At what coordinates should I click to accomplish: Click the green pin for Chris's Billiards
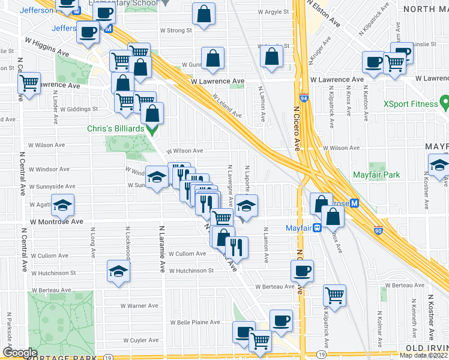[x=152, y=129]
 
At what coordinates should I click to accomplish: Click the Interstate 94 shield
[x=304, y=97]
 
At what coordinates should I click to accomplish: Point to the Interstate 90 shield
[x=377, y=230]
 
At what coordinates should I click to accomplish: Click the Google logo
[x=20, y=352]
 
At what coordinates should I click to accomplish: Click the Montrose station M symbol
[x=354, y=203]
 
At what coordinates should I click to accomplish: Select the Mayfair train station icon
[x=316, y=227]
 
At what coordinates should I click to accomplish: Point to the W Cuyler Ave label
[x=140, y=340]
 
